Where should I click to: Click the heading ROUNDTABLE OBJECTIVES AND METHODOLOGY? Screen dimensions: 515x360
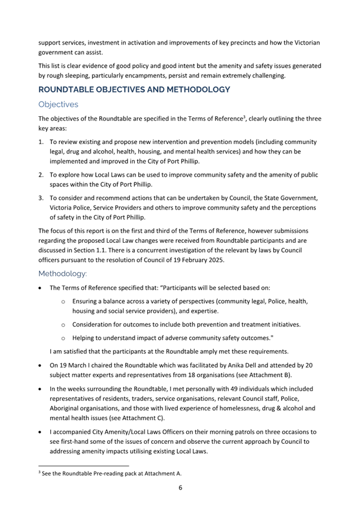(134, 90)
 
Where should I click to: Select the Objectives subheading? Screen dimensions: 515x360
(58, 104)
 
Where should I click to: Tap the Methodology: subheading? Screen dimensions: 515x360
(63, 273)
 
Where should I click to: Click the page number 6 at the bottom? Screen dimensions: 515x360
(180, 488)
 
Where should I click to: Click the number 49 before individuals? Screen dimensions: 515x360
(238, 389)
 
